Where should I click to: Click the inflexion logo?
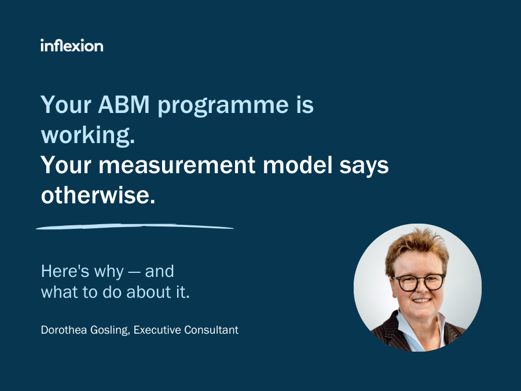pyautogui.click(x=72, y=45)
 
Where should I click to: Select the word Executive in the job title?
pyautogui.click(x=157, y=330)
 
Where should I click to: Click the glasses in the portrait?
pyautogui.click(x=418, y=282)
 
